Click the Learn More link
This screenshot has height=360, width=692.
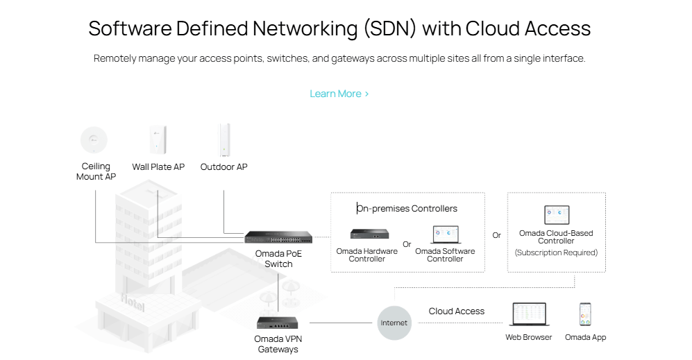click(x=339, y=94)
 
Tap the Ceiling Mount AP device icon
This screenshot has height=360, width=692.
click(x=94, y=139)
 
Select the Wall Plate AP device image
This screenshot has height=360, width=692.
click(x=158, y=139)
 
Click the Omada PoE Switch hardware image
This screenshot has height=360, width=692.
click(x=278, y=237)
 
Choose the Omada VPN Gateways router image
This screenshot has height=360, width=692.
click(x=278, y=323)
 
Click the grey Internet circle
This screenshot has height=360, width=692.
click(x=394, y=323)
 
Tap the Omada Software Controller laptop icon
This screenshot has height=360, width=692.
click(x=445, y=234)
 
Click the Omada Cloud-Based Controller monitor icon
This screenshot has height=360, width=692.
click(x=556, y=214)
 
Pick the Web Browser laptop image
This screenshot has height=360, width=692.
click(x=529, y=314)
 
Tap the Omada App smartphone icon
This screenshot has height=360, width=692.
click(x=585, y=314)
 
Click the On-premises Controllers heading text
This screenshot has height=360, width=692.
click(x=407, y=208)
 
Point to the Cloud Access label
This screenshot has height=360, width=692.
click(x=456, y=311)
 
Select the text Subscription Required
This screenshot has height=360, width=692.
click(x=556, y=252)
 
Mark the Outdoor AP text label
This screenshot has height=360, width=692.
click(x=223, y=167)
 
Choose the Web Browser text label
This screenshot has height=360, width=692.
click(x=529, y=338)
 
